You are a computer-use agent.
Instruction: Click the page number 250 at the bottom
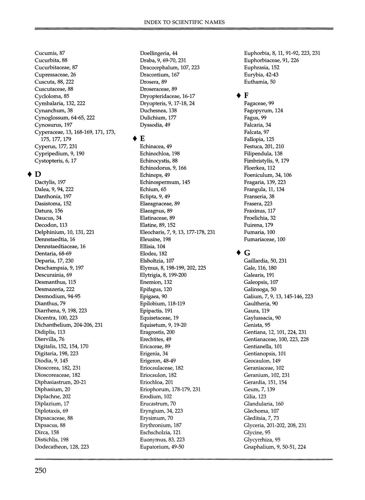click(x=41, y=471)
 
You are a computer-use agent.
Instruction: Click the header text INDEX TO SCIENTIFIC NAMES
click(x=184, y=22)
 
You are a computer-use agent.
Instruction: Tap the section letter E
click(x=142, y=139)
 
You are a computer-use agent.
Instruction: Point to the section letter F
click(x=246, y=96)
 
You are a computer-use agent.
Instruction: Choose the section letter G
click(x=247, y=253)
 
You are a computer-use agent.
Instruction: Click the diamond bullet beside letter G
click(x=238, y=252)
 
